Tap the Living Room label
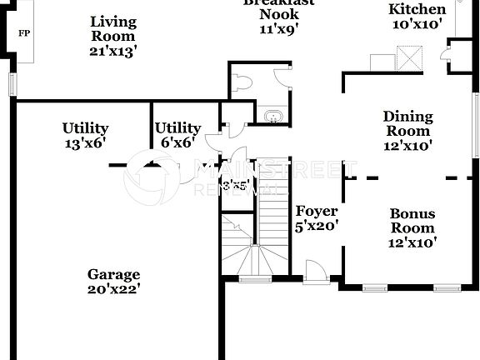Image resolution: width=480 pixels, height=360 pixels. [x=113, y=29]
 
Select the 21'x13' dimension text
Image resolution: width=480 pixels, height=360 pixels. [x=113, y=51]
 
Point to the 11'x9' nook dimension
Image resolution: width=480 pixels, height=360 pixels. [x=278, y=27]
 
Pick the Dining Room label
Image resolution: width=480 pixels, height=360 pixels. [x=407, y=123]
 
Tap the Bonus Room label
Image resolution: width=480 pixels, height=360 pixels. [x=412, y=221]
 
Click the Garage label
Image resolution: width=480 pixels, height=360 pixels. [x=114, y=274]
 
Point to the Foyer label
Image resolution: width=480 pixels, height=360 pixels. [x=317, y=211]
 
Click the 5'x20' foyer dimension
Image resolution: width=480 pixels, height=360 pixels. [x=317, y=225]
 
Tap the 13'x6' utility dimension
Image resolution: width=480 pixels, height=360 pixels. [x=85, y=143]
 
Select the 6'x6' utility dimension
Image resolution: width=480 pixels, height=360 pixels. [x=177, y=143]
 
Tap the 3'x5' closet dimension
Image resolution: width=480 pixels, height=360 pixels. [x=234, y=185]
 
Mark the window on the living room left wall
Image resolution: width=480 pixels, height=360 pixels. [x=12, y=84]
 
